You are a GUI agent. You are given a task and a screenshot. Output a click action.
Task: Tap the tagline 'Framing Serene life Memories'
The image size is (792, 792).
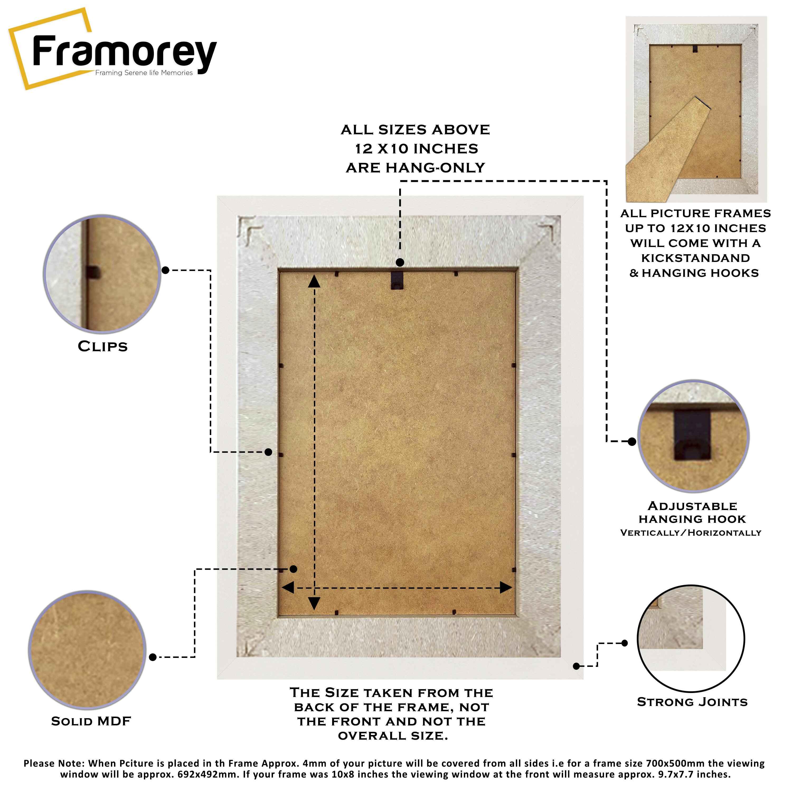144,73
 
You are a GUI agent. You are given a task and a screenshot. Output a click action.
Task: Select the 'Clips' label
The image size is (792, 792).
103,346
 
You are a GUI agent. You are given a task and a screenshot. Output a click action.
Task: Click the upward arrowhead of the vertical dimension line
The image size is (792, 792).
314,281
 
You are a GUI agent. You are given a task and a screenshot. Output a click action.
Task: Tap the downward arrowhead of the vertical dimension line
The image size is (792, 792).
314,603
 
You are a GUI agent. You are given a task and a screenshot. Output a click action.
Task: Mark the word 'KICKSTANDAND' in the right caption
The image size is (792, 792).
696,258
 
